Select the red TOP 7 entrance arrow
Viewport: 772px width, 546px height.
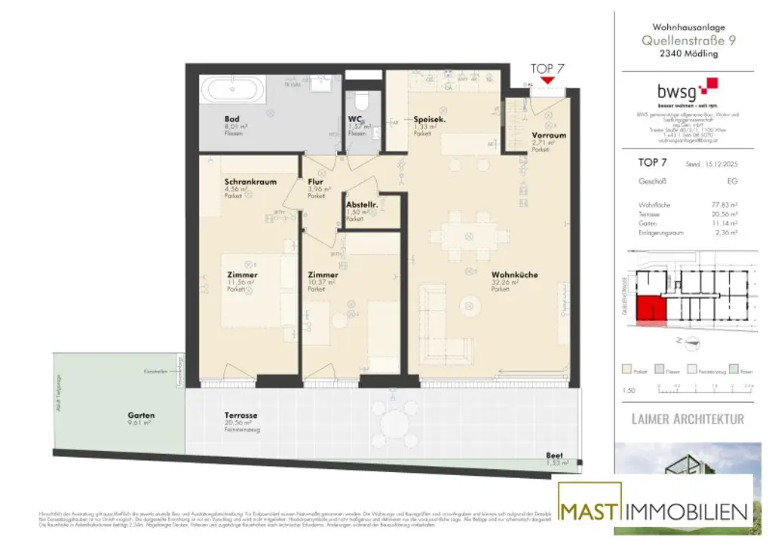[x=547, y=80]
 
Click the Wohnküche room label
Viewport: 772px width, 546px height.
[x=514, y=276]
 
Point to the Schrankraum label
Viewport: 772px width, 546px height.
[x=250, y=182]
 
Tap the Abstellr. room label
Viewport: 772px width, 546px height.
[x=361, y=204]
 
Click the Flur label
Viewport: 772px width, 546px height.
[x=315, y=182]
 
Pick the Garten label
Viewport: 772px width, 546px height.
[x=142, y=416]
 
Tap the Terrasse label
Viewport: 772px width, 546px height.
[x=240, y=416]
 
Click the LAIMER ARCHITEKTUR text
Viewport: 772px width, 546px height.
[x=688, y=419]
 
